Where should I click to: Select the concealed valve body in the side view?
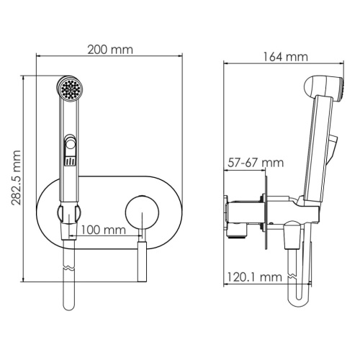tap(243, 214)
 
